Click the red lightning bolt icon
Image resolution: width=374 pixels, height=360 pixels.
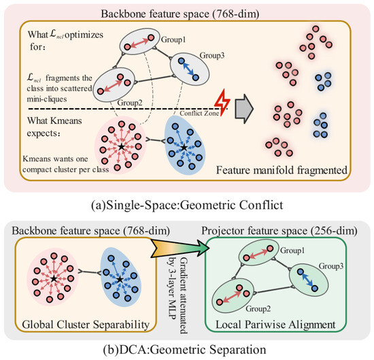222,103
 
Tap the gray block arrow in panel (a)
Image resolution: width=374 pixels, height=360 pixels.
244,109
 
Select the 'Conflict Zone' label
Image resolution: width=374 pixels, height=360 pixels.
199,113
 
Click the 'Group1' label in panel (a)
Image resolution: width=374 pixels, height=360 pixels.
173,39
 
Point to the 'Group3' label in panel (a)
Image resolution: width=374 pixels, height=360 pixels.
212,55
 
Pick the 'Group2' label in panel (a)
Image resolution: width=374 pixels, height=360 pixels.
130,103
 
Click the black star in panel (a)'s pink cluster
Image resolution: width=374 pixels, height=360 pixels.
122,146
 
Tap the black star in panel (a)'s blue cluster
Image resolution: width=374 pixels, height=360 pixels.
184,148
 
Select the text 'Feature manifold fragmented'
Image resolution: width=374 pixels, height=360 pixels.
282,170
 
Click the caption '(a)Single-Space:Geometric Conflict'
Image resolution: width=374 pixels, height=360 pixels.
187,205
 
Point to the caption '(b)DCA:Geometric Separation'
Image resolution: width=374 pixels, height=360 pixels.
185,350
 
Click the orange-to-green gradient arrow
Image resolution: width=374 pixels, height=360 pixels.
180,248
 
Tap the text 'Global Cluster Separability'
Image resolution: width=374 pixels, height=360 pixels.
86,325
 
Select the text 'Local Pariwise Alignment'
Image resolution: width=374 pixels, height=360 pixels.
275,325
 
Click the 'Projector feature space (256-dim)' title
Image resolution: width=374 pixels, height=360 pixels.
279,231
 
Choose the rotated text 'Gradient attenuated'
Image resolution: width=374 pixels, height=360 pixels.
184,295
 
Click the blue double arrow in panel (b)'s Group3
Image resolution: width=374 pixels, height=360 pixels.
308,280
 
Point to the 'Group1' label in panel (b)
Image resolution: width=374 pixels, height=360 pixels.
292,250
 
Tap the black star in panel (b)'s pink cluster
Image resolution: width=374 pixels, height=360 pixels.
54,278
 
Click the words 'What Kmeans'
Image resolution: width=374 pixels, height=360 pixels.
54,120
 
